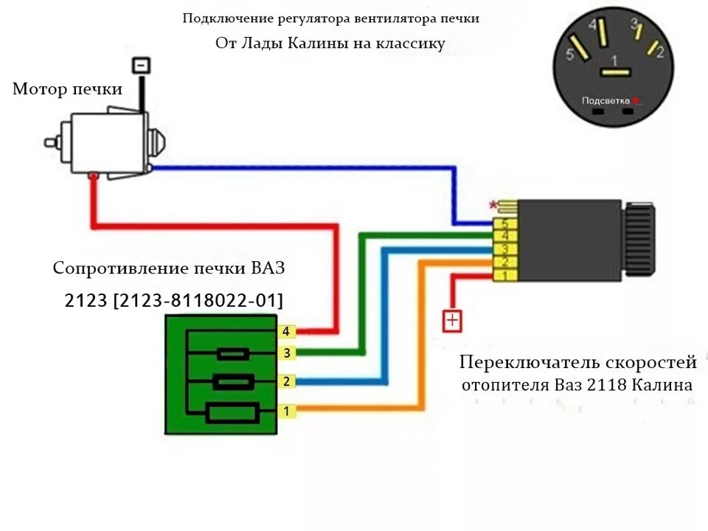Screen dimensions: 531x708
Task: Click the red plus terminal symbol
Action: coord(451,321)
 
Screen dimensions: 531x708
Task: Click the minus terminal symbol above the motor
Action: coord(142,65)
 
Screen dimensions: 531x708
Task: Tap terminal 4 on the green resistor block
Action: coord(286,332)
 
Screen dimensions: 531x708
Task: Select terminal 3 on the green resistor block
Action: coord(286,353)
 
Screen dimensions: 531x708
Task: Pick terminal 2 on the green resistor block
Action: coord(286,381)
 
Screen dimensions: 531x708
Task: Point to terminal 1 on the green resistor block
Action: coord(286,411)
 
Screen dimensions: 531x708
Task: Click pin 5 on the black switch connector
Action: coord(505,223)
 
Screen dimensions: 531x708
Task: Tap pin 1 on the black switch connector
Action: coord(505,275)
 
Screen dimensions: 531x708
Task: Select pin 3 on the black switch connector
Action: coord(505,249)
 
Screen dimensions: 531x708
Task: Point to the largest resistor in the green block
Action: coord(232,413)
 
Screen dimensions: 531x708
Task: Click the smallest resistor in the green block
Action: coord(233,355)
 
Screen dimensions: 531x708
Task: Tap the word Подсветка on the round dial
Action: coord(605,100)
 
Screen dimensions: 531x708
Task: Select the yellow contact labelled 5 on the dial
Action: coord(580,49)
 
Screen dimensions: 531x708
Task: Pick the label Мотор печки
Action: coord(67,89)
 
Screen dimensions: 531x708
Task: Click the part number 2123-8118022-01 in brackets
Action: coord(198,300)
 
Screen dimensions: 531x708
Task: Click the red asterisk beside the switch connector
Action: coord(492,204)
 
